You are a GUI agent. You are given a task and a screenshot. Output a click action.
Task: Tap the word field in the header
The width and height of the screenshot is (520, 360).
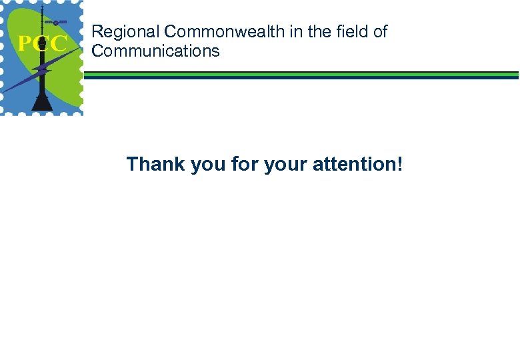[351, 31]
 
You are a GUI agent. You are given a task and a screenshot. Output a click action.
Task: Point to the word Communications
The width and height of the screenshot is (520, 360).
[155, 51]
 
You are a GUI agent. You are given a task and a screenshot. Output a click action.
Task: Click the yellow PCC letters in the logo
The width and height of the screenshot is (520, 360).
[42, 45]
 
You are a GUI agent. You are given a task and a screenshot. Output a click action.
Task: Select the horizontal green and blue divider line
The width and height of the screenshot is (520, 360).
[300, 75]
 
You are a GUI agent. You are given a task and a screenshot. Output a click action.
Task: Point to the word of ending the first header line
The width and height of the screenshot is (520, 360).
[380, 31]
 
